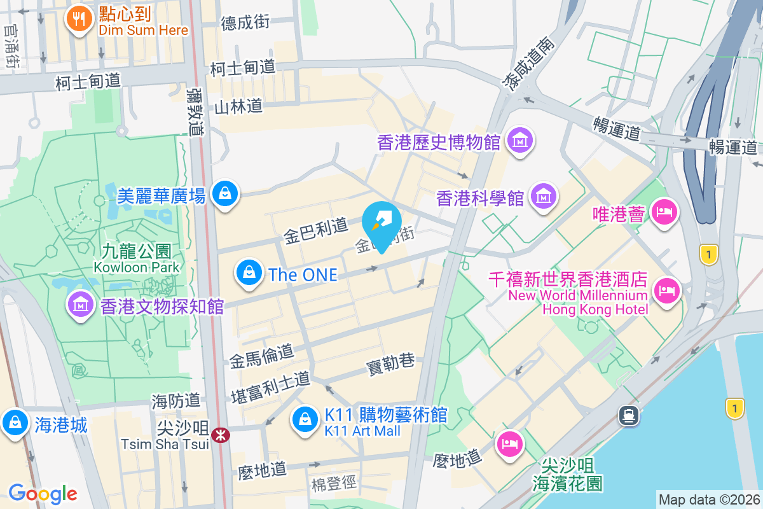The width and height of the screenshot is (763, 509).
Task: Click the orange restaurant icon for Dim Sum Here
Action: [x=79, y=20]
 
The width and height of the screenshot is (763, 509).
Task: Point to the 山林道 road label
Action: [x=238, y=106]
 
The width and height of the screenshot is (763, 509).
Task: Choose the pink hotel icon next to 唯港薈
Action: [x=664, y=212]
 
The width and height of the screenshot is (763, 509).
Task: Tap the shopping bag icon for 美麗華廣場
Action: [x=225, y=193]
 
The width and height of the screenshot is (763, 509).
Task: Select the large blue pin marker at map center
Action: [x=381, y=223]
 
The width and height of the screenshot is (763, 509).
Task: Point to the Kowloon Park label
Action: [x=137, y=267]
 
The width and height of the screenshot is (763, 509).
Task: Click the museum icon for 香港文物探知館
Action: [x=81, y=305]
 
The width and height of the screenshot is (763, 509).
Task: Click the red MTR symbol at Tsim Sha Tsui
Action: [x=221, y=435]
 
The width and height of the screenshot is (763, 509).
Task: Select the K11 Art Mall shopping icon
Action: [x=305, y=419]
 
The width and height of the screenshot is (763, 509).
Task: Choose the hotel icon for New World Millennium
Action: [x=666, y=291]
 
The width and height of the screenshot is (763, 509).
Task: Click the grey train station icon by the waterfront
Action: [x=629, y=415]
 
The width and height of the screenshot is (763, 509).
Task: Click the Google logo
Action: [x=43, y=493]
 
